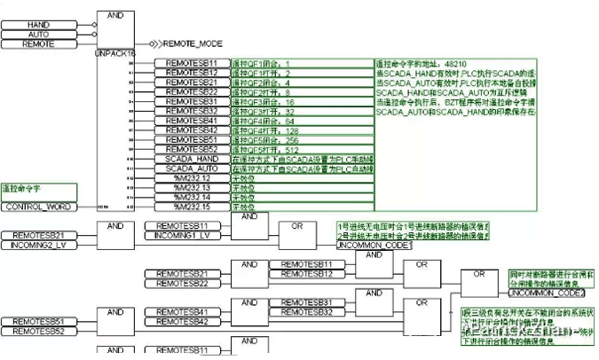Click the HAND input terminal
pyautogui.click(x=38, y=24)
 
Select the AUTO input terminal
pyautogui.click(x=38, y=33)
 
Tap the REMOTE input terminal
pyautogui.click(x=38, y=42)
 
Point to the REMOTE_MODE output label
pyautogui.click(x=194, y=43)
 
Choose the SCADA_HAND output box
pyautogui.click(x=192, y=159)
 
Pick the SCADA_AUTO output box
pyautogui.click(x=192, y=168)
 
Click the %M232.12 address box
pyautogui.click(x=192, y=177)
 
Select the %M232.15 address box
pyautogui.click(x=192, y=206)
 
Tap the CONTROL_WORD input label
pyautogui.click(x=37, y=207)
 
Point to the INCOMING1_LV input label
pyautogui.click(x=182, y=235)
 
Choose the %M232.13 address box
pyautogui.click(x=192, y=187)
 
